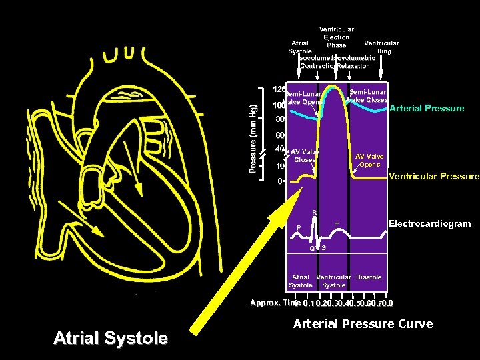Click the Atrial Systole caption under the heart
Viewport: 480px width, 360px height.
coord(110,339)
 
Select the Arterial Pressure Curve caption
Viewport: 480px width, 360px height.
coord(363,324)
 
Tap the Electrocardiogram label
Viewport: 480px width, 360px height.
coord(429,224)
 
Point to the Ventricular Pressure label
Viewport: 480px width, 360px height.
coord(433,177)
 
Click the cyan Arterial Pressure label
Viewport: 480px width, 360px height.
coord(427,108)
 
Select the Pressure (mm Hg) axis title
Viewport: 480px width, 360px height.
coord(253,130)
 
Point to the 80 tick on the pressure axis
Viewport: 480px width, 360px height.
coord(280,121)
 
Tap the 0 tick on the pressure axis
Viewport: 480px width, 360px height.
coord(280,181)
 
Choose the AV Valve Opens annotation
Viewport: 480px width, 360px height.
coord(369,160)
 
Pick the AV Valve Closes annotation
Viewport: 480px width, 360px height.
coord(305,156)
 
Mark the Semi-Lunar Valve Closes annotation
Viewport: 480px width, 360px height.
coord(368,96)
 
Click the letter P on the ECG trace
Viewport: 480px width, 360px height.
coord(299,227)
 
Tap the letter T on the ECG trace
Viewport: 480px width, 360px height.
coord(337,225)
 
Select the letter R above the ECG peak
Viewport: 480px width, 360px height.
coord(315,213)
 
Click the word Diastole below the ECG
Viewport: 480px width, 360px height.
coord(369,277)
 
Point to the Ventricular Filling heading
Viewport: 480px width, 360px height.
coord(381,47)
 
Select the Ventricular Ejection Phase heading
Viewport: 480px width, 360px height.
coord(337,37)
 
